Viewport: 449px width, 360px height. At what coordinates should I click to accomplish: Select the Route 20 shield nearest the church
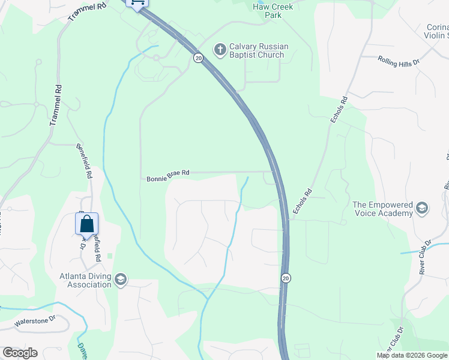198,58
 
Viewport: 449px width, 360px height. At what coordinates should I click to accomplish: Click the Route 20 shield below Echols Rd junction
286,278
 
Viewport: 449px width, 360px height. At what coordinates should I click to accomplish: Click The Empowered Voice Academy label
383,209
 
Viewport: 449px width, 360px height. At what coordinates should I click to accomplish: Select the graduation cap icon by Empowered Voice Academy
422,208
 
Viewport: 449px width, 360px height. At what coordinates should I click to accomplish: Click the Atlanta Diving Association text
86,280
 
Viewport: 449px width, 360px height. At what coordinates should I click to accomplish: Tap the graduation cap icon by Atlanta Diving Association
121,279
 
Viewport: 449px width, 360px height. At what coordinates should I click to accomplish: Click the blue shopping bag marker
86,224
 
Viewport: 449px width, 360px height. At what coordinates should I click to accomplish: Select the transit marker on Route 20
137,3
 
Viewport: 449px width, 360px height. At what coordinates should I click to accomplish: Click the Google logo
20,353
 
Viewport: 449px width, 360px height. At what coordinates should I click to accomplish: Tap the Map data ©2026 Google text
412,355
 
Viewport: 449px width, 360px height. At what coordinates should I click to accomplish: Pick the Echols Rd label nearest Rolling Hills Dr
339,110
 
